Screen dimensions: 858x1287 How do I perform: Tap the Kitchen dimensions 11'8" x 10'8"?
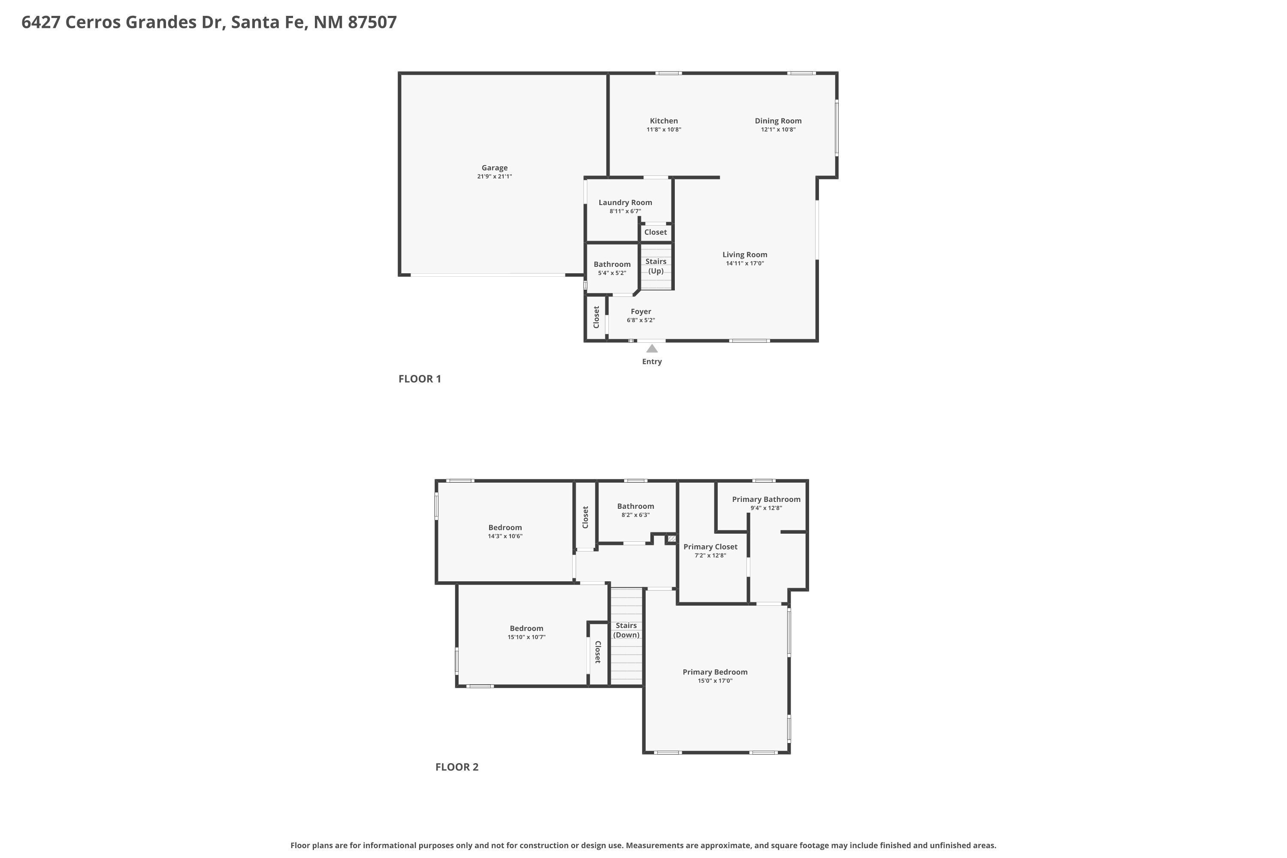click(x=663, y=130)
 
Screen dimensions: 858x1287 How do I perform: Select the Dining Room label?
click(x=777, y=121)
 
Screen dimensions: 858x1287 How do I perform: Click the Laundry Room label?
click(x=625, y=202)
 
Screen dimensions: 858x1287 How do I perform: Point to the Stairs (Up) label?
click(x=656, y=266)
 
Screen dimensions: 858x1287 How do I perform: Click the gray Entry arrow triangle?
click(x=652, y=348)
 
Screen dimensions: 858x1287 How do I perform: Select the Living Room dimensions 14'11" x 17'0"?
click(x=744, y=263)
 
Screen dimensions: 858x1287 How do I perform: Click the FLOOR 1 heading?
click(x=419, y=379)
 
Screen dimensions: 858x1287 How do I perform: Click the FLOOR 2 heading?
click(x=456, y=767)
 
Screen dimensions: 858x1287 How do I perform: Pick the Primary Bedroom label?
click(x=715, y=672)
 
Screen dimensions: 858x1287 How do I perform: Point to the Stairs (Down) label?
click(x=626, y=630)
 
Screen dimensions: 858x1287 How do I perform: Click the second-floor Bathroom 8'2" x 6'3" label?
click(x=635, y=506)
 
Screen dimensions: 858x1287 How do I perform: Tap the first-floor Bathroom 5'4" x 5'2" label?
click(x=612, y=264)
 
